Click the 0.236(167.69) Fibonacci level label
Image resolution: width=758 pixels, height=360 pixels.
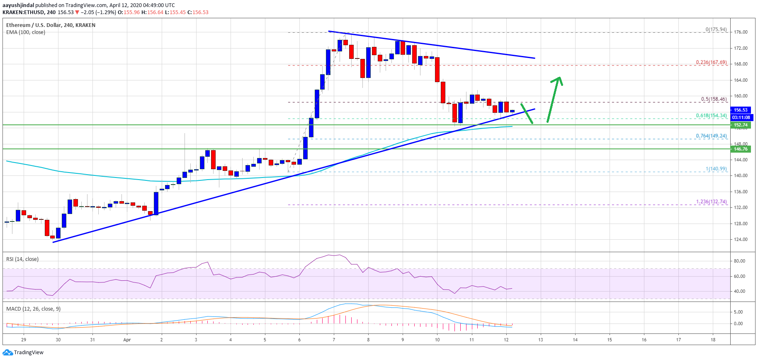tap(711, 63)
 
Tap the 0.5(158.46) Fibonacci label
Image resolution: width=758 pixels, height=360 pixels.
tap(714, 99)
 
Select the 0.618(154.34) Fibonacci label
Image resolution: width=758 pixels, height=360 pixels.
tap(711, 116)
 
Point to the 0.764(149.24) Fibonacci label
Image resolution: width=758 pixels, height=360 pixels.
tap(711, 136)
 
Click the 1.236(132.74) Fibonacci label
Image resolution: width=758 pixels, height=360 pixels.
tap(711, 202)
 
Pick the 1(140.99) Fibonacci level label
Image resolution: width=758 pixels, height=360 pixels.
tap(716, 169)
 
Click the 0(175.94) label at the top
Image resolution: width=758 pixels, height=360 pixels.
tap(716, 29)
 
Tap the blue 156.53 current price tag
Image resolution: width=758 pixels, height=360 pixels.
tap(741, 110)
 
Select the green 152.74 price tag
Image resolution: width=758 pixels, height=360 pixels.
tap(741, 125)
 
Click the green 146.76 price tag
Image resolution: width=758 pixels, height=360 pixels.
tap(741, 149)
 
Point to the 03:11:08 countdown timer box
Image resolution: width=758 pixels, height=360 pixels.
tap(741, 117)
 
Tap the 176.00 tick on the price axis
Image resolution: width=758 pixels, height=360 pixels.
tap(741, 32)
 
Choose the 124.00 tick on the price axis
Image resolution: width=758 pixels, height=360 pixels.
tap(741, 239)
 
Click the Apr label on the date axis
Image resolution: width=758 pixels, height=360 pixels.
tap(127, 340)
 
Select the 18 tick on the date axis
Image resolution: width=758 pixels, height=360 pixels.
tap(713, 340)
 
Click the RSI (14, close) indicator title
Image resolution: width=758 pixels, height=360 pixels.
tap(22, 259)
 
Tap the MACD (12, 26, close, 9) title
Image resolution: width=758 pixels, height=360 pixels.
tap(33, 309)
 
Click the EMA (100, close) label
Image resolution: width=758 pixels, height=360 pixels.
tap(26, 32)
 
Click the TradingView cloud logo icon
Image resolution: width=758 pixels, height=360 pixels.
tap(7, 353)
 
